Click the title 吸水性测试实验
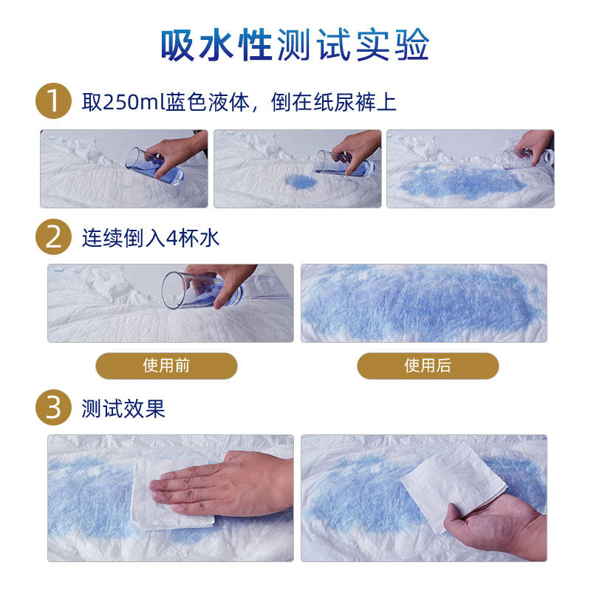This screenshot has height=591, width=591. (295, 45)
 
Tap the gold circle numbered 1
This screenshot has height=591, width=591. (53, 101)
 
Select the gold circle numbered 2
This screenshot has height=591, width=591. (53, 237)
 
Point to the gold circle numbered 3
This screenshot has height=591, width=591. (53, 408)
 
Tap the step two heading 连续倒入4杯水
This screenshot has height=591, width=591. (151, 238)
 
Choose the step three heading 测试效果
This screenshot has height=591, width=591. (123, 409)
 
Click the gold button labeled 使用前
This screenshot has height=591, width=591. (166, 366)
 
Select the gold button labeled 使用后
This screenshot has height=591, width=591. (428, 366)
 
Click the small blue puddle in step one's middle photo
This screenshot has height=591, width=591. (301, 182)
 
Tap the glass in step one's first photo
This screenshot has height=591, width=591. (154, 165)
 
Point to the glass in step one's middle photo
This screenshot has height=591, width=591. (344, 163)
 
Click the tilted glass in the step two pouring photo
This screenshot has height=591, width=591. (202, 290)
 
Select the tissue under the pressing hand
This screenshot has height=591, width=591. (170, 493)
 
